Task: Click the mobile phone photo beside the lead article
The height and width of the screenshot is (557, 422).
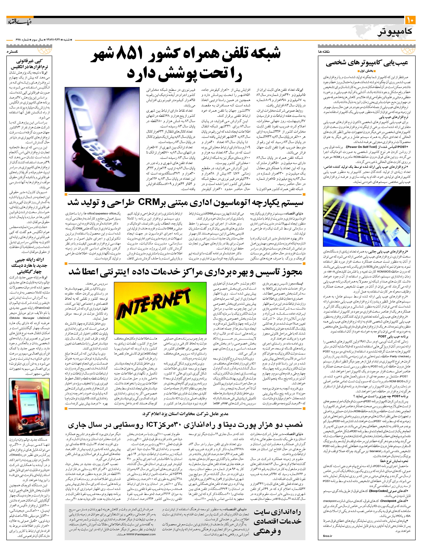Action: (102, 139)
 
